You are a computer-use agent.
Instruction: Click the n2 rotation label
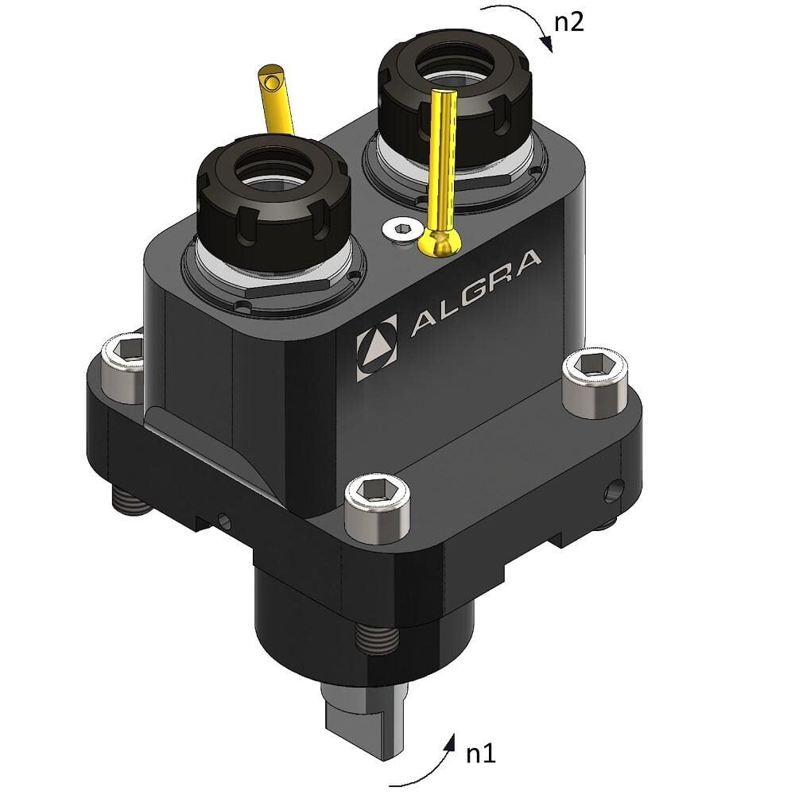(x=568, y=21)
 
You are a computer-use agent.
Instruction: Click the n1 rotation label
(x=479, y=752)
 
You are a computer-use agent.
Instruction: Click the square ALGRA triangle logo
(x=376, y=347)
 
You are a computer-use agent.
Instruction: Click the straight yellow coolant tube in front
(x=443, y=159)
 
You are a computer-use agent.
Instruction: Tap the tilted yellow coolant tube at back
(x=275, y=99)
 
